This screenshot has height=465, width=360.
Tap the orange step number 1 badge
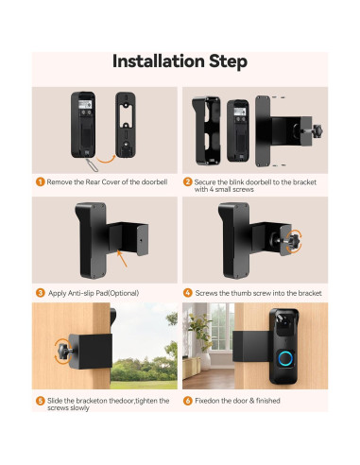41,181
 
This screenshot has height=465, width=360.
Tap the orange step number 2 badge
187,181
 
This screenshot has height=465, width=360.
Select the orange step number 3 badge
41,293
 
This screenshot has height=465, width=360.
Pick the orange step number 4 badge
187,293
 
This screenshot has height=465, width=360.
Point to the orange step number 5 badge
41,401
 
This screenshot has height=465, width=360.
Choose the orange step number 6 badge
187,401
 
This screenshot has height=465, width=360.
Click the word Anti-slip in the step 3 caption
80,293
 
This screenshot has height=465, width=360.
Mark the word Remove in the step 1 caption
63,181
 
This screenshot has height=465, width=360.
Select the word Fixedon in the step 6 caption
212,401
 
